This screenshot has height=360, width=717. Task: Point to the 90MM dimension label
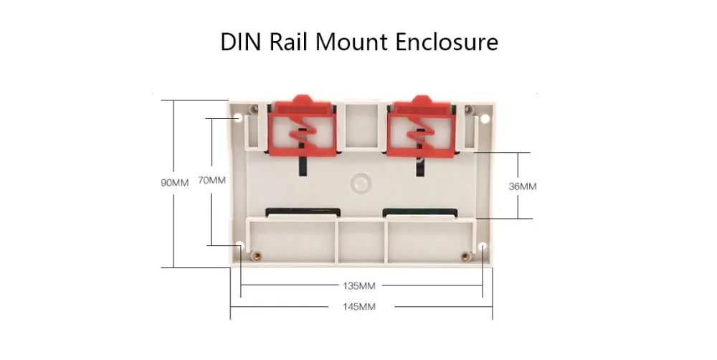coord(174,183)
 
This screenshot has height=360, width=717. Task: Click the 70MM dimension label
coord(212,181)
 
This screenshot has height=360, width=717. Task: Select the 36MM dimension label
coord(522,186)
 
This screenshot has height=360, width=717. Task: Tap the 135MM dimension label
coord(361,285)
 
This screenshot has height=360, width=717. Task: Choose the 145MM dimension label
coord(361,307)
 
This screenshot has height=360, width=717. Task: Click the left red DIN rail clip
coord(302,128)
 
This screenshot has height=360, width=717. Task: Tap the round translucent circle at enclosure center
coord(361,183)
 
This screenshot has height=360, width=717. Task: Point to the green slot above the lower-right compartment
coord(420,212)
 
